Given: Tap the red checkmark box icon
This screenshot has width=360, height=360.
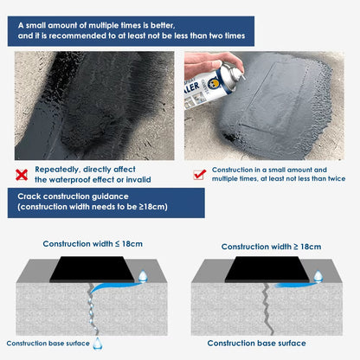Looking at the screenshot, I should coord(199,175).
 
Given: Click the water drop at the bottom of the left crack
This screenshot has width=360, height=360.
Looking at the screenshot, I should coord(97,341).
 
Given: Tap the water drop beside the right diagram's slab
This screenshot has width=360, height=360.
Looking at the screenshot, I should coord(318,276).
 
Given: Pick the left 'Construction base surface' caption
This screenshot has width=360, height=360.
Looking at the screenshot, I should coord(48,343).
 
